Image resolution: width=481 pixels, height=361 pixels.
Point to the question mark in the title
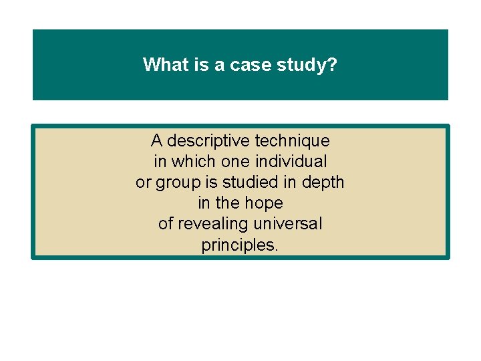click(x=332, y=65)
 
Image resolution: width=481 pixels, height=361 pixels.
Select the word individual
click(x=291, y=162)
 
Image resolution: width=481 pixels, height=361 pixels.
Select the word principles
click(x=238, y=245)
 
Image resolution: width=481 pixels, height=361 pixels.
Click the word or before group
click(x=143, y=183)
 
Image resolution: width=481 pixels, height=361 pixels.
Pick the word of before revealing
click(x=166, y=224)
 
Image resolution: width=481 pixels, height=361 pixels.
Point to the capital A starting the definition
click(x=156, y=141)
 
